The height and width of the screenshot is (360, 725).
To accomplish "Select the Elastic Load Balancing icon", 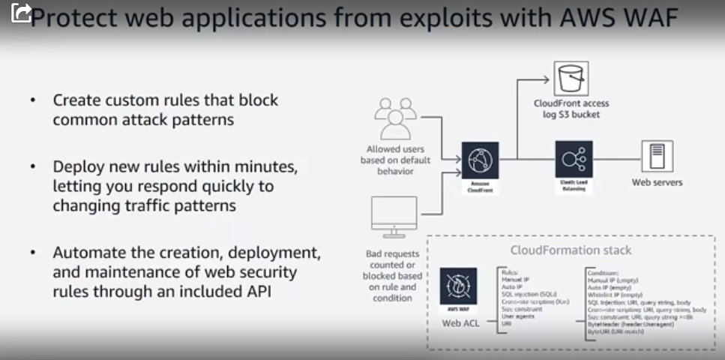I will point(574,160).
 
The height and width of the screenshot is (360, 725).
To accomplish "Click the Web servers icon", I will point(657,157).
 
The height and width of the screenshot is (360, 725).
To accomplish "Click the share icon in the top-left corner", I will point(20,13).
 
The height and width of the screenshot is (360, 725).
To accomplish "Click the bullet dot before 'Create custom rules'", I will point(31,100).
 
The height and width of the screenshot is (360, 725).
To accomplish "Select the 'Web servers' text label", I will point(657,182).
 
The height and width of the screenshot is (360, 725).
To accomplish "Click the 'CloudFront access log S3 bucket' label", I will point(571,109).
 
